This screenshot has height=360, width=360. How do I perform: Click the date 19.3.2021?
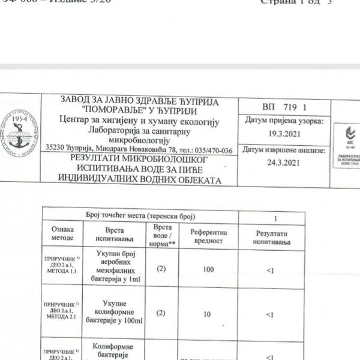click(x=284, y=136)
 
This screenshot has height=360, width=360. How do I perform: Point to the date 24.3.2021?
click(x=284, y=163)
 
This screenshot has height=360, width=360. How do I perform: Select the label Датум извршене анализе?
click(x=284, y=150)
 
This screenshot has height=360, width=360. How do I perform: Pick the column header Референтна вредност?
click(x=208, y=236)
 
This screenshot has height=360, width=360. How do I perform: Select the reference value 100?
click(x=208, y=270)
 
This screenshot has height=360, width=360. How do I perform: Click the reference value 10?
click(x=208, y=314)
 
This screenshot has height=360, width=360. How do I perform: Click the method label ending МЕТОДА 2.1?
click(x=62, y=313)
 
